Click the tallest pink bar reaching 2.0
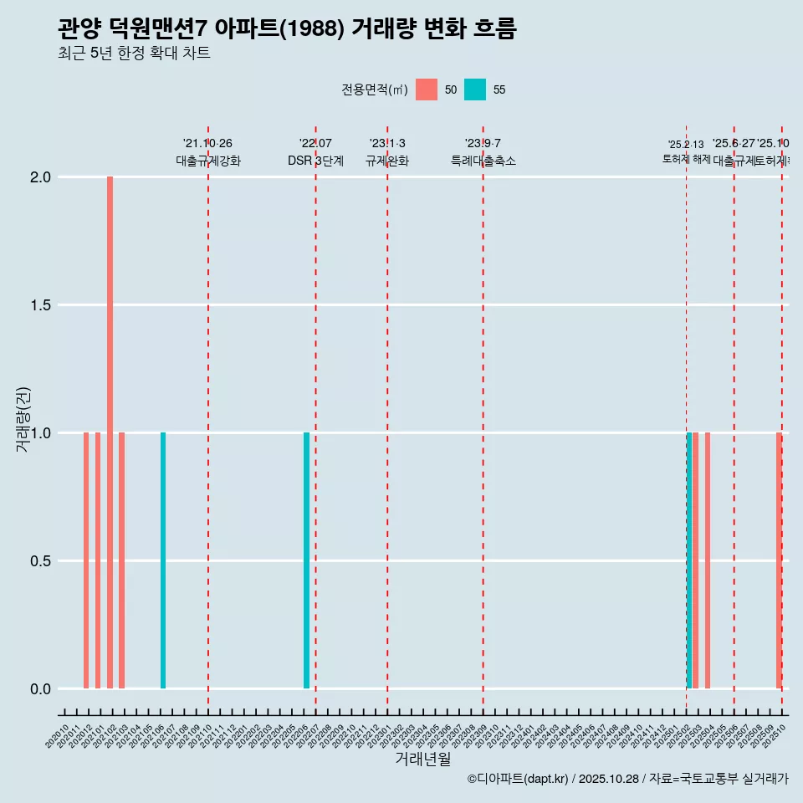110,432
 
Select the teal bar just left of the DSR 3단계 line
306,560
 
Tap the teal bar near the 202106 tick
163,560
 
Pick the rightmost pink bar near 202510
778,560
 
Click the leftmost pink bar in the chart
86,560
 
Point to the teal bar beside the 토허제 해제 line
689,560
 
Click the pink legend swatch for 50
427,90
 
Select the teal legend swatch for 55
475,90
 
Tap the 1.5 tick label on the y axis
39,305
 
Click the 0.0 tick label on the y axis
39,689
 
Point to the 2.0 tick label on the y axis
39,177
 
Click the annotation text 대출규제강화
208,161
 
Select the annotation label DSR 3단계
315,161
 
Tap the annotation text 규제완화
387,161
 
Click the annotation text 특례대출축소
483,161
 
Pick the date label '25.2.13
686,145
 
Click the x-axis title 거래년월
422,760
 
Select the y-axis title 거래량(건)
23,420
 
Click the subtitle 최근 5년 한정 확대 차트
134,54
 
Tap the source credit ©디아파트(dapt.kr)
519,779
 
